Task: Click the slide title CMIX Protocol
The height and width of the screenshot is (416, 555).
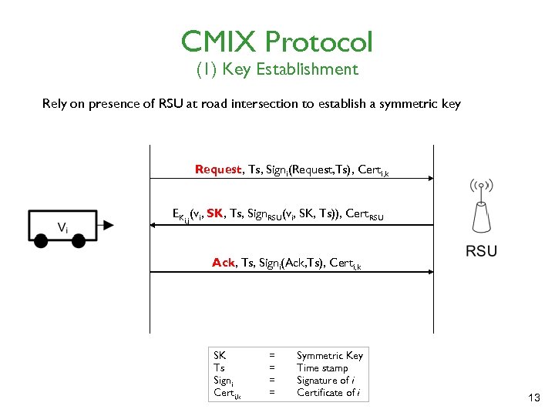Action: pyautogui.click(x=277, y=41)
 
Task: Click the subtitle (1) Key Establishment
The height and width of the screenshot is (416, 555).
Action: pyautogui.click(x=277, y=69)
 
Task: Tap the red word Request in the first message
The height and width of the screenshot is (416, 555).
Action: pyautogui.click(x=218, y=169)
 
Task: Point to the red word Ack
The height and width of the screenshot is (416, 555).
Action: pyautogui.click(x=224, y=263)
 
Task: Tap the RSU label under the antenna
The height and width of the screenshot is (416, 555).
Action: pyautogui.click(x=481, y=250)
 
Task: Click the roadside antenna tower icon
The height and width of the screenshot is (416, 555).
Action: pyautogui.click(x=481, y=213)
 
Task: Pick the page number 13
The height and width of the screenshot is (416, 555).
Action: pyautogui.click(x=534, y=398)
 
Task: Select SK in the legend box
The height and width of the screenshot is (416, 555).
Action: pyautogui.click(x=220, y=355)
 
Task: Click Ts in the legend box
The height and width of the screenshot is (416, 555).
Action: pyautogui.click(x=219, y=367)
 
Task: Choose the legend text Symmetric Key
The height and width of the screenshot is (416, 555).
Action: pyautogui.click(x=329, y=355)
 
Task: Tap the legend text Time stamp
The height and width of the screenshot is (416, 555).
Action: pyautogui.click(x=322, y=367)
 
